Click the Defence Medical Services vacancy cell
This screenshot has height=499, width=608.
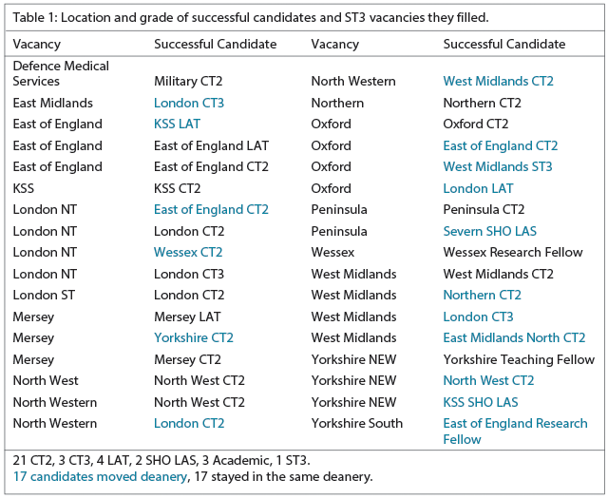61,73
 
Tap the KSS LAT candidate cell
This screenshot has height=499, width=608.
177,124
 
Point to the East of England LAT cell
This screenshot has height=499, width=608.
211,145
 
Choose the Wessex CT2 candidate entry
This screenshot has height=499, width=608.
188,252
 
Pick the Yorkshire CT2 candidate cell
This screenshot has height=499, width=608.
193,337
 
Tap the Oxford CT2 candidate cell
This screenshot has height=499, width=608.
475,124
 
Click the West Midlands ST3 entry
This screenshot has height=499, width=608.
497,166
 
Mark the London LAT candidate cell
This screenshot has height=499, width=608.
478,188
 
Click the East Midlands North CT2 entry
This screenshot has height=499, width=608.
514,337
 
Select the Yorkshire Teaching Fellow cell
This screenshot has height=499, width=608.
519,359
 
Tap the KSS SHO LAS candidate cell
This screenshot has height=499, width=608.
480,402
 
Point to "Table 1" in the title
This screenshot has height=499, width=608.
36,17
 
